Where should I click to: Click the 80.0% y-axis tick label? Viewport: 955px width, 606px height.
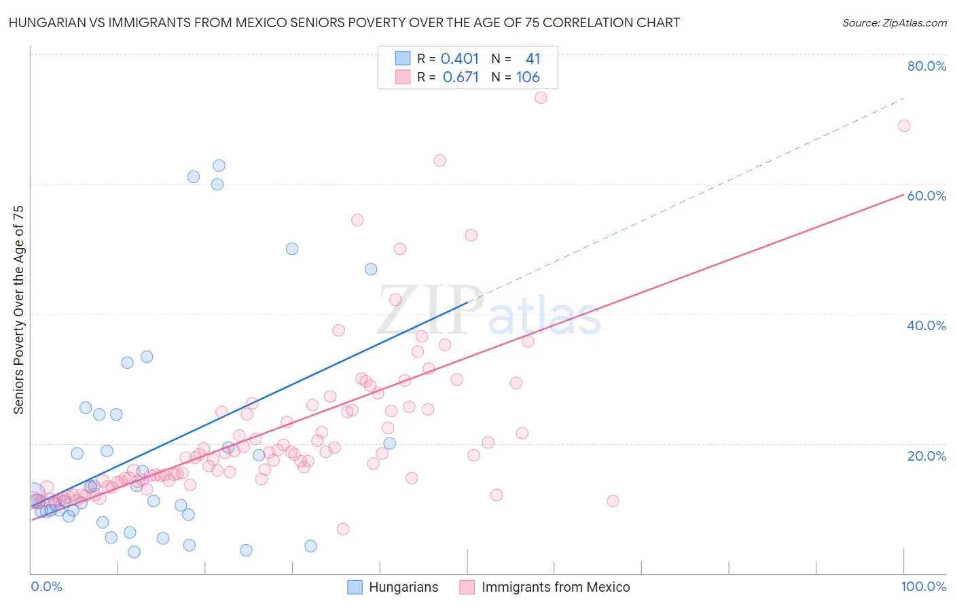pyautogui.click(x=926, y=66)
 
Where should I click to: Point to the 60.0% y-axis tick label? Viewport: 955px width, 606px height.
pyautogui.click(x=926, y=196)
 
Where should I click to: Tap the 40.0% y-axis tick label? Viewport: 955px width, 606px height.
pyautogui.click(x=926, y=325)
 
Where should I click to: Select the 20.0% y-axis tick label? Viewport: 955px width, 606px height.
pyautogui.click(x=926, y=456)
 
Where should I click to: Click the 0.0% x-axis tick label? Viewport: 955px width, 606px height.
pyautogui.click(x=46, y=587)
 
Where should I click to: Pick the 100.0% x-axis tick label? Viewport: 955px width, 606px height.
pyautogui.click(x=923, y=587)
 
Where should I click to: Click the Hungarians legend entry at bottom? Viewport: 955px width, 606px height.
pyautogui.click(x=403, y=588)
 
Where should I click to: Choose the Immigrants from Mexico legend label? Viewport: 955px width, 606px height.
pyautogui.click(x=556, y=588)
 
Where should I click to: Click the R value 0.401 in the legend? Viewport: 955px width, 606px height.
pyautogui.click(x=460, y=59)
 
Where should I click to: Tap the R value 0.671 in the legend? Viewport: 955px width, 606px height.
pyautogui.click(x=461, y=77)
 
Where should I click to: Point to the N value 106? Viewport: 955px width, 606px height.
pyautogui.click(x=528, y=77)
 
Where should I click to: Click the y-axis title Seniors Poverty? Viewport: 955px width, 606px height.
pyautogui.click(x=19, y=309)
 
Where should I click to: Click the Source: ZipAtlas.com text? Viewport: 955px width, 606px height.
pyautogui.click(x=894, y=23)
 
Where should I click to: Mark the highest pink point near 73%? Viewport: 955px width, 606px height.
pyautogui.click(x=541, y=97)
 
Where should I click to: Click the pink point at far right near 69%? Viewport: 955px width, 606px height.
pyautogui.click(x=904, y=126)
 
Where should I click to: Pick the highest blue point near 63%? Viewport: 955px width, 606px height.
pyautogui.click(x=219, y=166)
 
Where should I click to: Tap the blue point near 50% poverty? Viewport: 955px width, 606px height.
pyautogui.click(x=292, y=249)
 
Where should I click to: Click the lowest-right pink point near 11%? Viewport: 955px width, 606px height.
pyautogui.click(x=613, y=501)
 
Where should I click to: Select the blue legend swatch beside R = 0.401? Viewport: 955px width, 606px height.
pyautogui.click(x=403, y=59)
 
